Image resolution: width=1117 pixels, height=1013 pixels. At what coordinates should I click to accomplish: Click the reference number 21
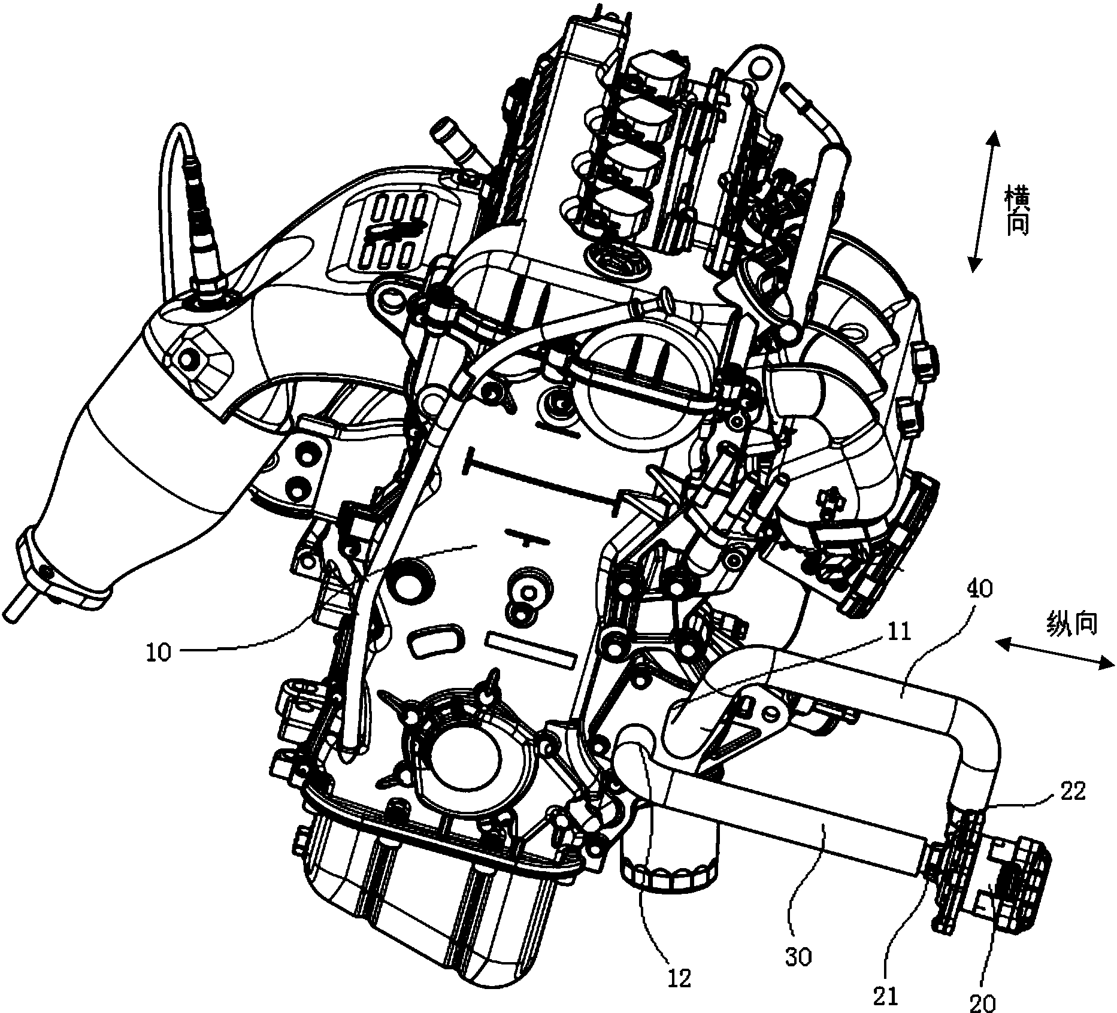(888, 996)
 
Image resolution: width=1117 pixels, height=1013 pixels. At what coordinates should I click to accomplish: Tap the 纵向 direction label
(1073, 624)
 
